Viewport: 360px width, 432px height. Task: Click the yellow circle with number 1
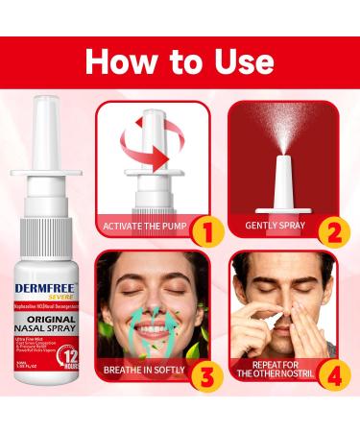[x=204, y=230]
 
